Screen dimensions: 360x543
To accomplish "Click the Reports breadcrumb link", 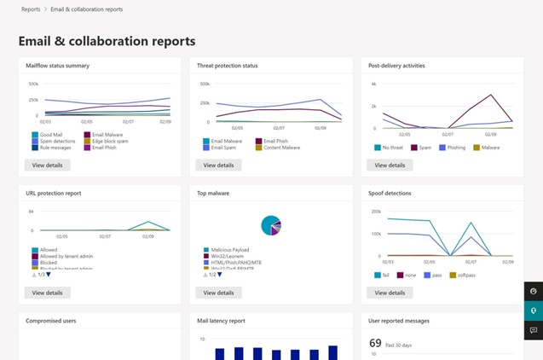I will (x=31, y=9).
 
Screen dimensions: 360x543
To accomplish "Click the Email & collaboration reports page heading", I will (x=107, y=41).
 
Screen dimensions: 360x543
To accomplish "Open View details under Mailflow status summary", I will (x=47, y=165).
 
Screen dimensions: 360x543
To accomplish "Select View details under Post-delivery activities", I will (x=390, y=165).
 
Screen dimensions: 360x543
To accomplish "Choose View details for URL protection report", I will (x=47, y=293).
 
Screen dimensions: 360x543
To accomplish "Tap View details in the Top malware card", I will (x=218, y=293).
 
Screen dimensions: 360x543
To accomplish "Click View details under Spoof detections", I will (x=390, y=293).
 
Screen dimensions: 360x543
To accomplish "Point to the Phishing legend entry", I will (x=454, y=147).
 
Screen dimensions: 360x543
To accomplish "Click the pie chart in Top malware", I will (x=272, y=225).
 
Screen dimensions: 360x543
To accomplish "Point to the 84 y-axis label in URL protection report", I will (x=31, y=211).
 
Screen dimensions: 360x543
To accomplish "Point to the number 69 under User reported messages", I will (x=375, y=342).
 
